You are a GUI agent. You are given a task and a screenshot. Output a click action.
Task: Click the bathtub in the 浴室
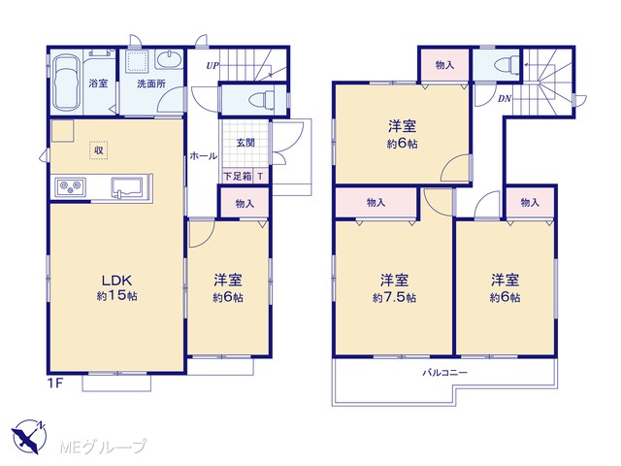(x=67, y=82)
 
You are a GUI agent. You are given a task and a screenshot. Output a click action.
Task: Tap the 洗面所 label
(x=151, y=84)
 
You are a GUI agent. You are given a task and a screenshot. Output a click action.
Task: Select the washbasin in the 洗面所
(x=169, y=60)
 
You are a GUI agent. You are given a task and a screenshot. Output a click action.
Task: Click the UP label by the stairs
(x=212, y=66)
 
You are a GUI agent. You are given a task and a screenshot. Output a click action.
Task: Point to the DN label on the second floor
(x=505, y=99)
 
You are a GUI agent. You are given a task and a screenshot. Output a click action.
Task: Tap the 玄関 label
(x=245, y=143)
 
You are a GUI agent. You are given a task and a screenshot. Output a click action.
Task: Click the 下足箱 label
(x=238, y=177)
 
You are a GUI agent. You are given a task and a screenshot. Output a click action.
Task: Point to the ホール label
(x=204, y=155)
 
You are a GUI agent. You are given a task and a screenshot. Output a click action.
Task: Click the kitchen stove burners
(x=71, y=186)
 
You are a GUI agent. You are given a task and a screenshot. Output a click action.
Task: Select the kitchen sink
(x=129, y=186)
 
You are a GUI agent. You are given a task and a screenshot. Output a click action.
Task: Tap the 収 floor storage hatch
(x=99, y=150)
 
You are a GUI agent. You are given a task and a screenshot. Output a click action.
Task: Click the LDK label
(x=116, y=281)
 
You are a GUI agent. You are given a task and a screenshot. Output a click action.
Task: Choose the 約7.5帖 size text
(x=394, y=298)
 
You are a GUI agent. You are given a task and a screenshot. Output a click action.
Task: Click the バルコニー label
(x=445, y=373)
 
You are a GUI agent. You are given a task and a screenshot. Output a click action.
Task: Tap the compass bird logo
(x=29, y=436)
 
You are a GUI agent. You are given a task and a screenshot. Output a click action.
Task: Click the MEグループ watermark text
(x=103, y=447)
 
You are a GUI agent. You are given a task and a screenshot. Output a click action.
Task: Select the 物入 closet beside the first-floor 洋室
(x=245, y=203)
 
